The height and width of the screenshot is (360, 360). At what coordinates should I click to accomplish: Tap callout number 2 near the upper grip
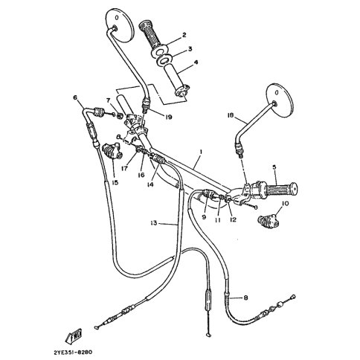click(x=184, y=35)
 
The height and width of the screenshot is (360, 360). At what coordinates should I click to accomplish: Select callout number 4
click(x=196, y=62)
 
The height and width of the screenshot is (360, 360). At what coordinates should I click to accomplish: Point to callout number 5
click(x=274, y=167)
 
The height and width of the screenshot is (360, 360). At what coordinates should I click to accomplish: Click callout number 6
click(x=75, y=97)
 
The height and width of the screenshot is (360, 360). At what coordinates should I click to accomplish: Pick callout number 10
click(x=285, y=204)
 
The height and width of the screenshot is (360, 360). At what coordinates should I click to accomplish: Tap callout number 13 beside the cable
click(x=154, y=223)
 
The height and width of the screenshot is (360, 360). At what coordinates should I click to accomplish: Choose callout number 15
click(x=115, y=183)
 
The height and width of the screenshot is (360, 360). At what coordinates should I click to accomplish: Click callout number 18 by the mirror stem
click(x=231, y=115)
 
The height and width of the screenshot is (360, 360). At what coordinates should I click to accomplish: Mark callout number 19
click(x=168, y=117)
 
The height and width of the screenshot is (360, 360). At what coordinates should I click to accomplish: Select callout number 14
click(x=150, y=184)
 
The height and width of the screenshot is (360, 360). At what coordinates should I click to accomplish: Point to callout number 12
click(x=233, y=219)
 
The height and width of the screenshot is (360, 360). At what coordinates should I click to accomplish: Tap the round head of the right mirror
click(x=279, y=100)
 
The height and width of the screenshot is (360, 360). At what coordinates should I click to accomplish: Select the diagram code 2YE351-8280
click(x=73, y=352)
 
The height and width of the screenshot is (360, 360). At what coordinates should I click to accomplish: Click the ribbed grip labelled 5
click(x=283, y=190)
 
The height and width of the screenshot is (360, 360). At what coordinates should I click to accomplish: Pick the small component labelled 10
click(x=268, y=220)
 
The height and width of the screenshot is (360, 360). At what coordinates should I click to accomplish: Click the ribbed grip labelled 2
click(x=152, y=35)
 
